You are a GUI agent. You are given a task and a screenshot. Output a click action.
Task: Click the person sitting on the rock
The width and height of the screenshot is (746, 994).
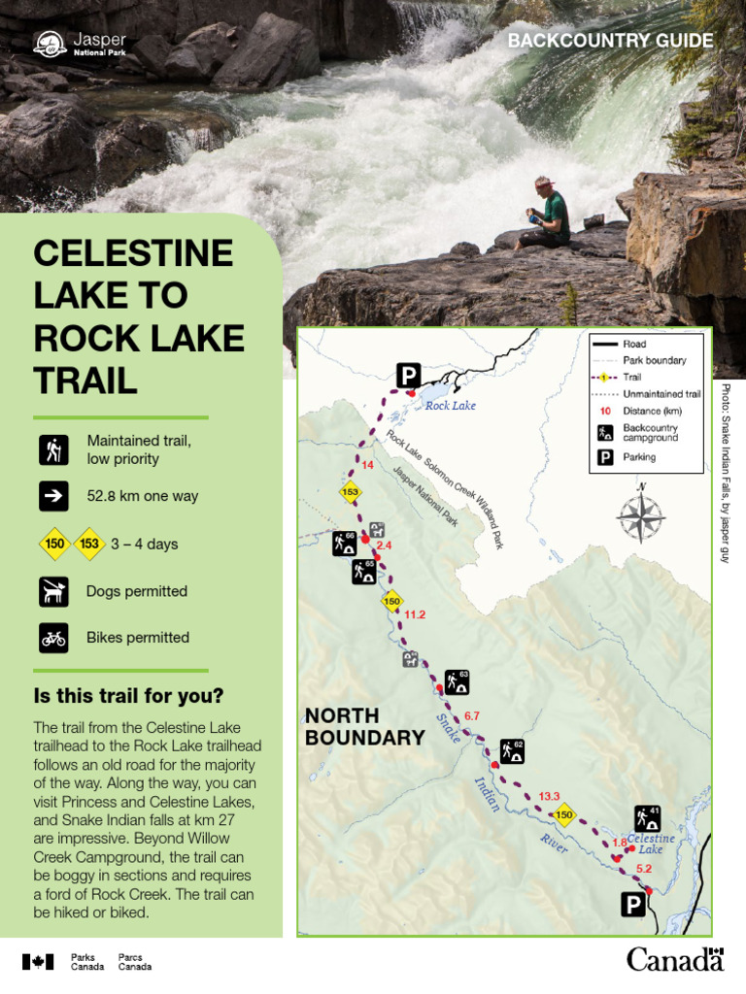(x=548, y=214)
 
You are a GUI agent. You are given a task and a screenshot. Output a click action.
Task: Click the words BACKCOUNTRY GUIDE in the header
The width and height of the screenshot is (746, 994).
(x=610, y=41)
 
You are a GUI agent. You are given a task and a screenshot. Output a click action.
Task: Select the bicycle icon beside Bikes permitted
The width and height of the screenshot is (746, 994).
(x=53, y=638)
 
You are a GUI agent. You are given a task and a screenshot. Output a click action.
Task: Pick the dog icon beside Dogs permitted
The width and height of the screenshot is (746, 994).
(x=53, y=591)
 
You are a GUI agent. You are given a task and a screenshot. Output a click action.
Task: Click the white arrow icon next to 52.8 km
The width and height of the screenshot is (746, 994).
(x=53, y=496)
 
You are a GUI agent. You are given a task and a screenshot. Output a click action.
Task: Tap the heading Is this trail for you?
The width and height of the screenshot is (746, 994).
(x=128, y=696)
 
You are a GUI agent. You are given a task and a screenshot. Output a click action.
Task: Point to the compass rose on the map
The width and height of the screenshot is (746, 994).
(x=640, y=514)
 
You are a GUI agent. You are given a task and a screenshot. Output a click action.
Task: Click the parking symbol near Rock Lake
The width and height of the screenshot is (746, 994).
(x=408, y=376)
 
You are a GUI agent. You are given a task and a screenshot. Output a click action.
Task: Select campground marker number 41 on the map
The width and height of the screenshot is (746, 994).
(x=648, y=818)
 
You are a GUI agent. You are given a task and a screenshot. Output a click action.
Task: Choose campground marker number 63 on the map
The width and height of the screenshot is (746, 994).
(x=458, y=681)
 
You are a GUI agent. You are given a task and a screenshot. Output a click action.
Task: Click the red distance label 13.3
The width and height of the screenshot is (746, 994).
(x=549, y=796)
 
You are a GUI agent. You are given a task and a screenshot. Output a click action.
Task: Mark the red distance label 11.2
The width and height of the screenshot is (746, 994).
(x=415, y=614)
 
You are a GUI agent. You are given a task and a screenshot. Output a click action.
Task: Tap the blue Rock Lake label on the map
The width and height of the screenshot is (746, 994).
(x=451, y=406)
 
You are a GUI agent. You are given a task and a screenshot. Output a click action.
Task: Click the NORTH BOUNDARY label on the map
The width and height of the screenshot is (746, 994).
(x=364, y=727)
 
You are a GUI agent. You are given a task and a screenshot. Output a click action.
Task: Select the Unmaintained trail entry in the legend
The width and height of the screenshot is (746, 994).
(x=661, y=394)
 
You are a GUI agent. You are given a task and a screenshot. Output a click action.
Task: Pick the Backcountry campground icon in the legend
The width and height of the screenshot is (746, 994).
(x=604, y=432)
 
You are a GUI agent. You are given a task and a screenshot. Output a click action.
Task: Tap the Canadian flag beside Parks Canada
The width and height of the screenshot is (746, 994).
(x=38, y=961)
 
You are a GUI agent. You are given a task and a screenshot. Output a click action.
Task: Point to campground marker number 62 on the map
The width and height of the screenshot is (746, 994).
(x=512, y=750)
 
